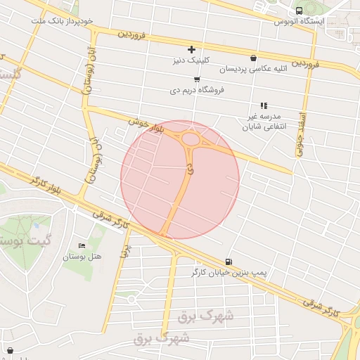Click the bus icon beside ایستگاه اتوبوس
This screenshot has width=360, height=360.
click(x=300, y=11)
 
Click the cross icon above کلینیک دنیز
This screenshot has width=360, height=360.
click(x=191, y=49)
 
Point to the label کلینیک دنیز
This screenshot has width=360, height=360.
click(x=192, y=60)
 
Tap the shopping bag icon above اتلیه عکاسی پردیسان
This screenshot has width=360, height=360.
click(x=253, y=58)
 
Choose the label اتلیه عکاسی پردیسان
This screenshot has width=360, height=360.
click(x=253, y=69)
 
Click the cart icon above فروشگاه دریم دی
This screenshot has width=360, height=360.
click(x=197, y=79)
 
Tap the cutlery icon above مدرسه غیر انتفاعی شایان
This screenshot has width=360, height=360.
click(x=264, y=105)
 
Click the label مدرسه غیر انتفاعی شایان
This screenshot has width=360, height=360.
click(x=266, y=120)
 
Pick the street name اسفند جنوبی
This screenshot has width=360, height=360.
click(x=300, y=134)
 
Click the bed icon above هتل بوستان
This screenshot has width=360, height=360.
click(x=82, y=245)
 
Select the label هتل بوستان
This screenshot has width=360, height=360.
click(x=82, y=257)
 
